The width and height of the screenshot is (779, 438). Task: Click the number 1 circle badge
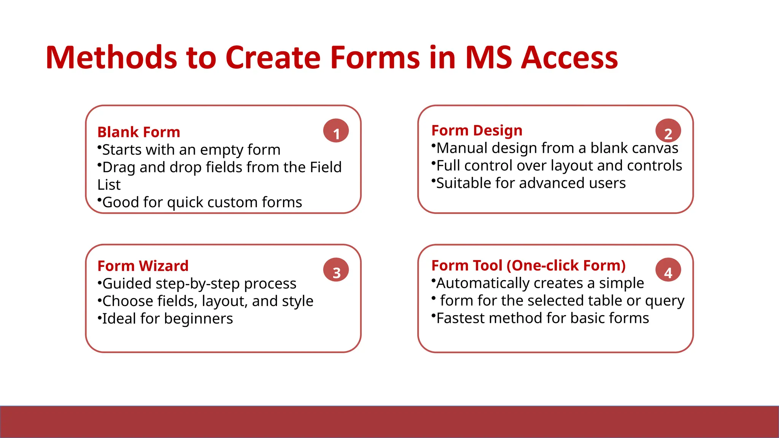click(x=336, y=131)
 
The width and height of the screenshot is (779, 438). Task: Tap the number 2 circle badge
click(x=668, y=131)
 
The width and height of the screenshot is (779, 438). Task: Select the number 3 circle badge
click(x=336, y=270)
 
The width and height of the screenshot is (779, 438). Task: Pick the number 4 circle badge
click(x=668, y=270)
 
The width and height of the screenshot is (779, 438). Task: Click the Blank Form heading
click(x=138, y=132)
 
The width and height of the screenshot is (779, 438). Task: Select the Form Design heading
click(x=477, y=130)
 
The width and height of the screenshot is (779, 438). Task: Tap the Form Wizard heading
click(x=143, y=266)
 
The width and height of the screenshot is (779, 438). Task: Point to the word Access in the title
click(x=569, y=58)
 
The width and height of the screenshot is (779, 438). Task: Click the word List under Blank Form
click(x=109, y=185)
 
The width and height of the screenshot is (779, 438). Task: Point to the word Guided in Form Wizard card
click(x=127, y=284)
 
